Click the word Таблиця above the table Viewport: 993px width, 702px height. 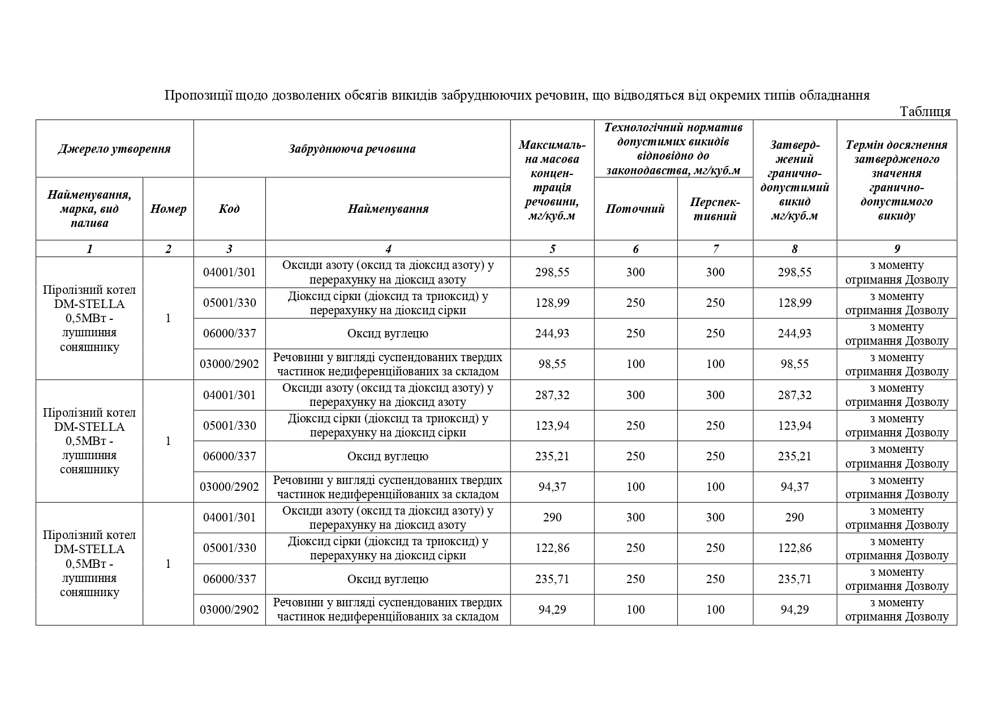click(x=925, y=112)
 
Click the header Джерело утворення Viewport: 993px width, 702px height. click(x=114, y=149)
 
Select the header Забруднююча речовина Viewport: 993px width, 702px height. click(x=352, y=149)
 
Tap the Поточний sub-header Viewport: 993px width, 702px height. click(x=635, y=209)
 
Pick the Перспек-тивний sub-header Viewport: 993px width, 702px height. click(x=715, y=209)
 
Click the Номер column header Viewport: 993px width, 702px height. click(x=168, y=209)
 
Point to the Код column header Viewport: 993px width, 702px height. click(x=229, y=209)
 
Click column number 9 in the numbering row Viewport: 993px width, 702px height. click(x=897, y=249)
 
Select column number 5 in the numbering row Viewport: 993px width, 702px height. click(x=552, y=249)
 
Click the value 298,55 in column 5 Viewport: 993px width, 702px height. click(x=552, y=272)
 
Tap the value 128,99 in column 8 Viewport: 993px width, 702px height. click(x=794, y=303)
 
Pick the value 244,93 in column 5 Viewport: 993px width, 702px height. click(x=552, y=333)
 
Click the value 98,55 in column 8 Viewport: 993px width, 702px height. click(x=794, y=364)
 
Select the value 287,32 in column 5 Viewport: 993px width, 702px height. click(x=552, y=395)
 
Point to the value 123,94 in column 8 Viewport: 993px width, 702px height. click(x=794, y=426)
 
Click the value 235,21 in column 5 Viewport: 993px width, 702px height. click(x=552, y=456)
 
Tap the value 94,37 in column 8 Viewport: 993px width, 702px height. click(x=794, y=487)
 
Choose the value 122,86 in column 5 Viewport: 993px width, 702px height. click(x=552, y=548)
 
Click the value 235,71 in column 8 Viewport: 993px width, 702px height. click(x=794, y=579)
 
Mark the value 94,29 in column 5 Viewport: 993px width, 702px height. click(x=552, y=610)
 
